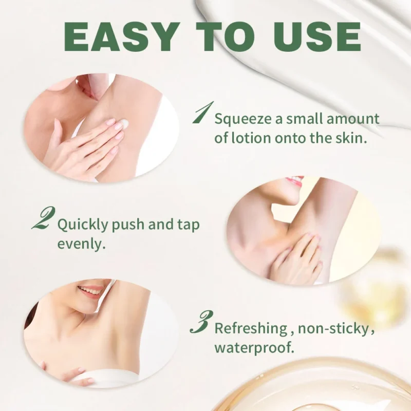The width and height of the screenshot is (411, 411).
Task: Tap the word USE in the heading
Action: (x=315, y=36)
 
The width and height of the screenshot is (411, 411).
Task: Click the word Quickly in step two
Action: (x=83, y=225)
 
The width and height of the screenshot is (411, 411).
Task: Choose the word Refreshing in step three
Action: (x=250, y=328)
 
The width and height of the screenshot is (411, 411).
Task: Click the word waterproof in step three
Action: (x=254, y=347)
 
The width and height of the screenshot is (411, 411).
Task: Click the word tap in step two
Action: (x=189, y=225)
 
